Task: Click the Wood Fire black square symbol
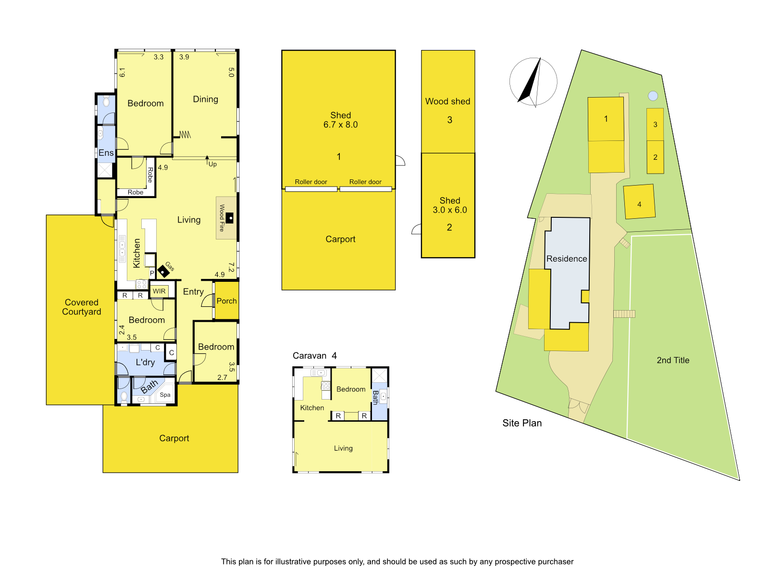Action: click(229, 218)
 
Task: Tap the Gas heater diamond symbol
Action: click(163, 271)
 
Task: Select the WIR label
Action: click(159, 291)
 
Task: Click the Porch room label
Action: click(227, 301)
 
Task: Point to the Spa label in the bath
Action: click(165, 395)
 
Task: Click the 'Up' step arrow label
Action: click(212, 164)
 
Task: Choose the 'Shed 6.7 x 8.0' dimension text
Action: click(341, 120)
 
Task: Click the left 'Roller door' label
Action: click(311, 182)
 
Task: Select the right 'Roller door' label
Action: click(365, 182)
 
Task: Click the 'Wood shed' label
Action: click(448, 101)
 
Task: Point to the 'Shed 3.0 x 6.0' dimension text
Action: click(450, 205)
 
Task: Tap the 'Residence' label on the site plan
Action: click(567, 259)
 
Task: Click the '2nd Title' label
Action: click(673, 360)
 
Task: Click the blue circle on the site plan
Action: click(653, 96)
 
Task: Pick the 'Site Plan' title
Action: click(522, 423)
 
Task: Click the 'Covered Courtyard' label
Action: click(82, 307)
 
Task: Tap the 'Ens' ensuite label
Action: click(106, 153)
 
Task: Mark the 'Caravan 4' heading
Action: click(315, 356)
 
